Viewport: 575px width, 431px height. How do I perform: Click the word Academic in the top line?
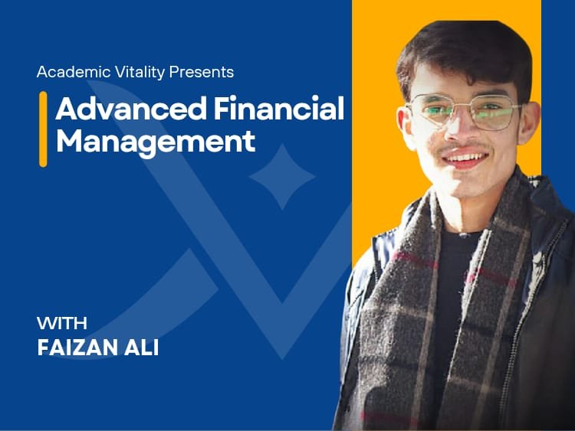[74, 72]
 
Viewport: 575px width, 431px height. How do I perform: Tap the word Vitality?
[140, 73]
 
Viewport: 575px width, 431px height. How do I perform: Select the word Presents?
[202, 72]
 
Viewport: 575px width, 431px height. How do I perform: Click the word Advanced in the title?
[131, 109]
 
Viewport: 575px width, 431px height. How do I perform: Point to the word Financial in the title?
[279, 109]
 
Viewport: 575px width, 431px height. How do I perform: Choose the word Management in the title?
[156, 142]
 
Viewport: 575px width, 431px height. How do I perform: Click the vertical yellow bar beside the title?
[43, 129]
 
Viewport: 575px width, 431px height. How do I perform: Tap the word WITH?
[62, 323]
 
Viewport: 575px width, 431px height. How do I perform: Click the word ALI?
[142, 348]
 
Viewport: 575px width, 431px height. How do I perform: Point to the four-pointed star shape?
[282, 177]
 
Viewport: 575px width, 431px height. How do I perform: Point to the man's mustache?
[463, 147]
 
